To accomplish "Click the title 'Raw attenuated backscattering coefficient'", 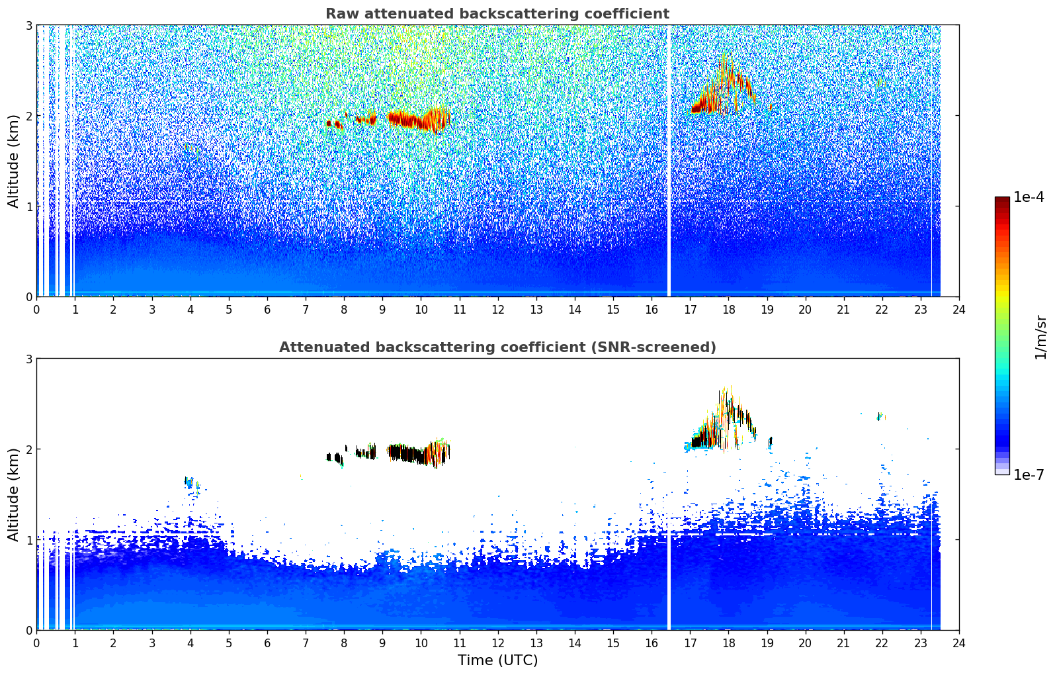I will tap(497, 14).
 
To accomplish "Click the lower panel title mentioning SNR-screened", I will tap(497, 347).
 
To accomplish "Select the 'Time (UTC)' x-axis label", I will tap(497, 660).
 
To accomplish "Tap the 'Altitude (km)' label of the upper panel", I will tap(14, 161).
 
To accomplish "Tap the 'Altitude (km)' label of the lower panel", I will tap(14, 494).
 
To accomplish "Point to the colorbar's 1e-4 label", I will tap(1029, 197).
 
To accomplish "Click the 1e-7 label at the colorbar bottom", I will tap(1029, 475).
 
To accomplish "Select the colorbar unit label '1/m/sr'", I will tap(1040, 337).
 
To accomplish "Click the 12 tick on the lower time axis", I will tap(497, 643).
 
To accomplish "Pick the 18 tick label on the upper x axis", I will tap(728, 309).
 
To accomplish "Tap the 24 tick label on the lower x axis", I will tap(958, 643).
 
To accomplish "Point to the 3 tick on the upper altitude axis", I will tap(29, 25).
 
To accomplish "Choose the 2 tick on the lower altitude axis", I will tap(29, 449).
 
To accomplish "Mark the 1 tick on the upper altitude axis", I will tap(29, 206).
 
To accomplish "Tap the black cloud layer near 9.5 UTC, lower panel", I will tap(407, 453).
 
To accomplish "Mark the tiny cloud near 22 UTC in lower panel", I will tap(880, 416).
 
